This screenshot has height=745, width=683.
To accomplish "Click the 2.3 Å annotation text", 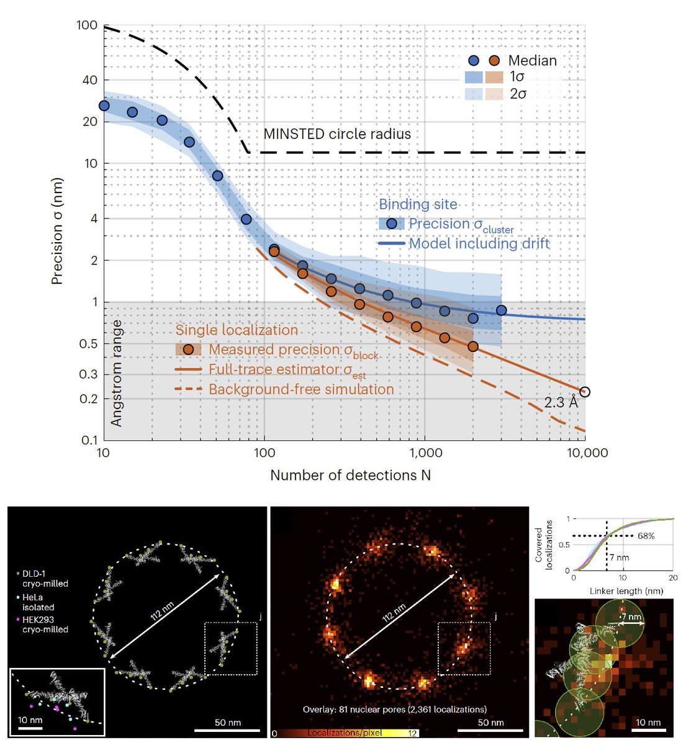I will [x=561, y=402].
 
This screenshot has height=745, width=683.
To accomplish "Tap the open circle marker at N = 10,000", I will [x=584, y=392].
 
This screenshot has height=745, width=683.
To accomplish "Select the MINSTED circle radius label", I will [x=337, y=133].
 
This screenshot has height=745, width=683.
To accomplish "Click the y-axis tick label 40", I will [x=86, y=79].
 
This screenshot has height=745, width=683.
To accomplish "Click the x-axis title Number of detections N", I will [x=350, y=476].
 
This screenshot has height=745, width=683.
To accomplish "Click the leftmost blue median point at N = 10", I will [x=104, y=106].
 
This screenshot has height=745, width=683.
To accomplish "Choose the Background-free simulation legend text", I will [x=301, y=390].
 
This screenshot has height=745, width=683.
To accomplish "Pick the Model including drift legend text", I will [x=479, y=243].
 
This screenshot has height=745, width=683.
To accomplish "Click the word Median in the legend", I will [x=532, y=61].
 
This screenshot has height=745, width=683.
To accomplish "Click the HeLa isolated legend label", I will [x=38, y=602].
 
